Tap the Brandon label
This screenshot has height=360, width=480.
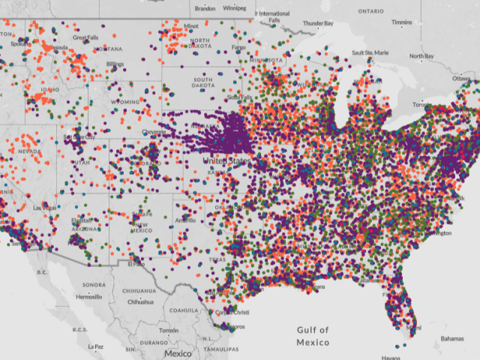[205, 9]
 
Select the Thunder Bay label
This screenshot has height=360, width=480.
[318, 23]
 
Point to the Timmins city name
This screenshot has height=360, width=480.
[402, 22]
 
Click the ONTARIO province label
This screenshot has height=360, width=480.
[370, 11]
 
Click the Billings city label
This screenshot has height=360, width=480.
[115, 64]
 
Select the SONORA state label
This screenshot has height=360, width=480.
[94, 285]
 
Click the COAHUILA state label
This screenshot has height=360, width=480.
[182, 310]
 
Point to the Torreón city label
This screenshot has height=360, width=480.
[169, 330]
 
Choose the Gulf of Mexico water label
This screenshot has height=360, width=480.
[312, 336]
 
